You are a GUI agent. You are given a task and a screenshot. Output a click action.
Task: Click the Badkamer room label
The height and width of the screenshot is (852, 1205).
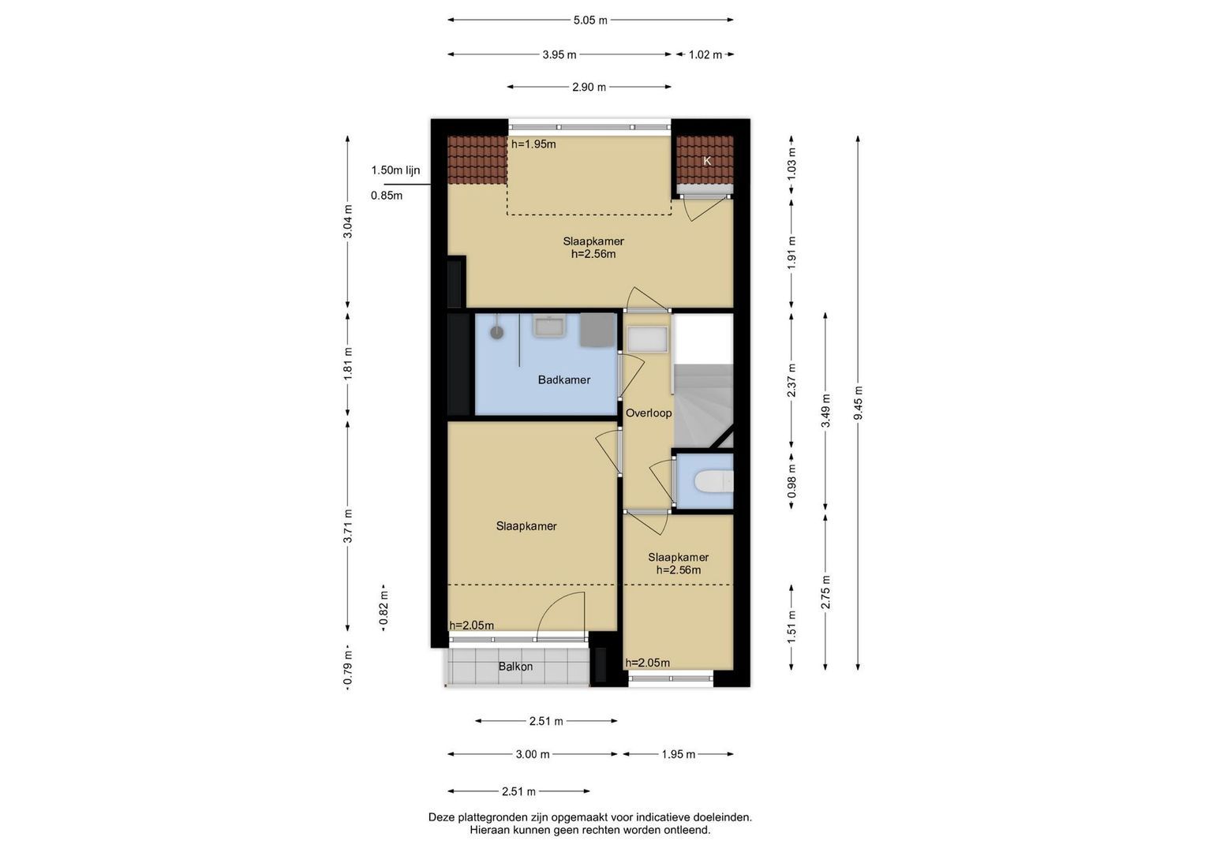coord(563,379)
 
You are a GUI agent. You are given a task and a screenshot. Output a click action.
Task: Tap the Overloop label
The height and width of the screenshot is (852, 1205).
coord(649,413)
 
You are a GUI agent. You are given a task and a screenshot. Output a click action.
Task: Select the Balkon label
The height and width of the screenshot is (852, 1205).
coord(515,667)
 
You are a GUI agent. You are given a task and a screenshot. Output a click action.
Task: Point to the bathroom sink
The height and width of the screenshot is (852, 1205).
coord(548,325)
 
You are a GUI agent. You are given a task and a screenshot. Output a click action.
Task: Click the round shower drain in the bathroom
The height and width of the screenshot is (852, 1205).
coord(496,332)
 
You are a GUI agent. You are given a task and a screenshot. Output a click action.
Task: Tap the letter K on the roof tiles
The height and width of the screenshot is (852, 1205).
coord(707,161)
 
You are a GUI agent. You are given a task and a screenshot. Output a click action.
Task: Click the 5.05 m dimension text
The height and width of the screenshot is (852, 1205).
coord(590,21)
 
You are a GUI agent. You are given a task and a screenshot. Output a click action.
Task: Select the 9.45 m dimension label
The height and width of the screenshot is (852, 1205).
coord(858,403)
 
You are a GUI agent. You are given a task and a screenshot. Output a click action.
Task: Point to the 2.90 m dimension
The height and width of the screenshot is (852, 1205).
coord(589,87)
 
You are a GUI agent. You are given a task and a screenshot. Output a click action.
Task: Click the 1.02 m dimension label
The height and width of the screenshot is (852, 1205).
coord(705,55)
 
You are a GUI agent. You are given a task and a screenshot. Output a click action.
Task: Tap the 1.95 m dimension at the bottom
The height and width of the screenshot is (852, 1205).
coord(679,754)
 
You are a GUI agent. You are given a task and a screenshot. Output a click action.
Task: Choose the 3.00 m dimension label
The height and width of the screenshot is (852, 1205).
coord(533,754)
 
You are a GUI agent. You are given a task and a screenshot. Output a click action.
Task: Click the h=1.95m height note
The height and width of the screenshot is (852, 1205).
coord(533,144)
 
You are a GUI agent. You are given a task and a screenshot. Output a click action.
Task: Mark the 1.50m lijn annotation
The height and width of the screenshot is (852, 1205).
coord(395,170)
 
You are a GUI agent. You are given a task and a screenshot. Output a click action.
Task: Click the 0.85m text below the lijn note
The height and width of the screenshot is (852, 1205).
coord(386,196)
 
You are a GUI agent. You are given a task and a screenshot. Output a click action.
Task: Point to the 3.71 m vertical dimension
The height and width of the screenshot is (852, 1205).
coord(348,525)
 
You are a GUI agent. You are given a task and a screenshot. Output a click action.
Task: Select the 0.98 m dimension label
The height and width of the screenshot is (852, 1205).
coord(791,481)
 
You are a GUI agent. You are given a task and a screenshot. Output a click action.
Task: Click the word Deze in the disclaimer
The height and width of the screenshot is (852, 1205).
coord(442,817)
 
